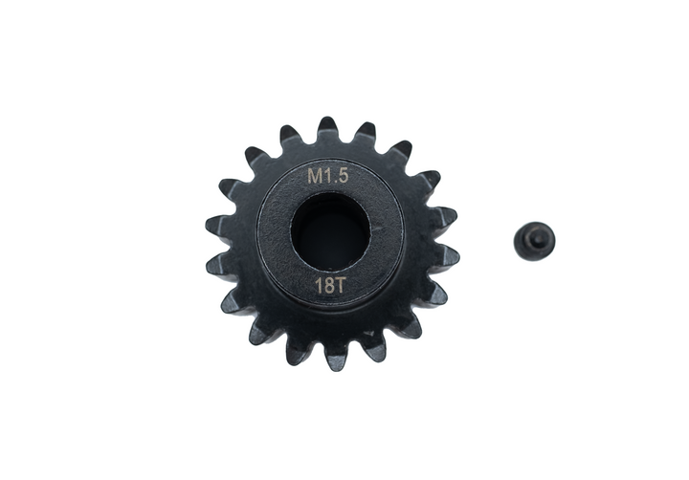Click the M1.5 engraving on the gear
click(x=328, y=177)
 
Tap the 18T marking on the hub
click(x=329, y=286)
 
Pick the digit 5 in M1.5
click(x=344, y=177)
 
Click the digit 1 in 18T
click(x=319, y=286)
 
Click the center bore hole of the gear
click(x=330, y=231)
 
